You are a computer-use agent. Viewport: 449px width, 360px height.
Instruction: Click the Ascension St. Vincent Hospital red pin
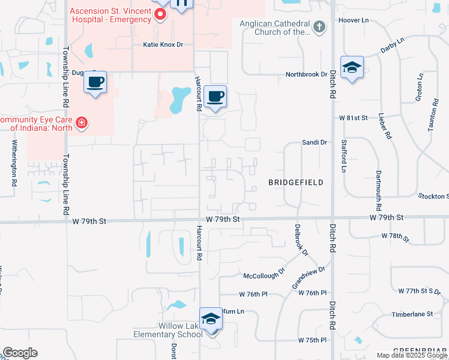point(160,14)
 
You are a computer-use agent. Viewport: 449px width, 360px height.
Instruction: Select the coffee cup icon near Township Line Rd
point(95,82)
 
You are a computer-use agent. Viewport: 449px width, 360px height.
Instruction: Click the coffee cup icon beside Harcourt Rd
point(215,96)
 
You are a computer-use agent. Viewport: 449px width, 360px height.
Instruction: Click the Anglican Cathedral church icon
point(319,26)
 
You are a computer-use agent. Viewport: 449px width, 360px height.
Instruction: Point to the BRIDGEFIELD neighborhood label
point(297,182)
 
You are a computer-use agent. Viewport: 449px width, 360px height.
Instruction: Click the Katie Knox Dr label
point(163,45)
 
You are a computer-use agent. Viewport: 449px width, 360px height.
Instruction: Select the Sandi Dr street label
point(315,143)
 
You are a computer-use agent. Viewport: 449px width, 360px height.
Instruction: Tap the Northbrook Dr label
point(306,74)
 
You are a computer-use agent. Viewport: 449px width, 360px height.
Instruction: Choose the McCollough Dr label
point(264,275)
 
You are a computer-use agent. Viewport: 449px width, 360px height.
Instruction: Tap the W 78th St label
point(394,237)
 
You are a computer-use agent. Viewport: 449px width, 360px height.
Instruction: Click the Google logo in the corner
point(20,353)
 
